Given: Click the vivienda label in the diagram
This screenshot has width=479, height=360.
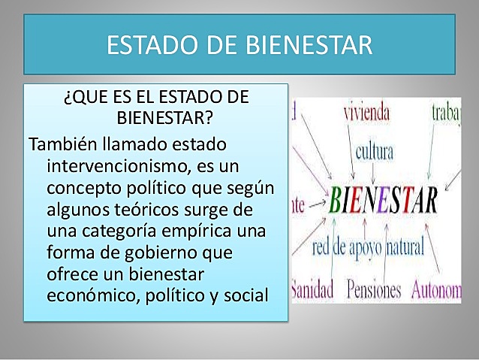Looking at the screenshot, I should point(366,113).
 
